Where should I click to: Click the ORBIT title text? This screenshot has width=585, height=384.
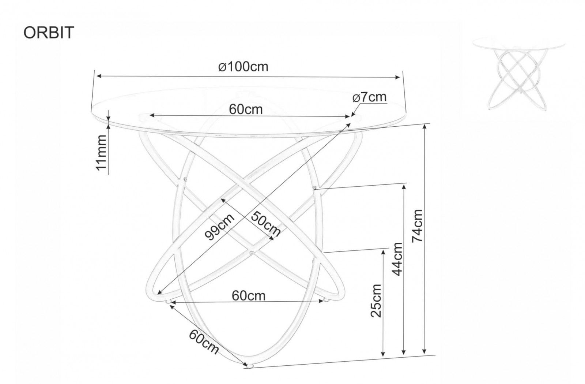click(49, 33)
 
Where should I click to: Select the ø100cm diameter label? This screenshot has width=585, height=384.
click(243, 67)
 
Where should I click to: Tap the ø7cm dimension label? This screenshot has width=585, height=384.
click(369, 97)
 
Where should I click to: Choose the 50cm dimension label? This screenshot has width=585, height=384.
click(266, 224)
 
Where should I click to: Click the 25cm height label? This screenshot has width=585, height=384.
click(377, 301)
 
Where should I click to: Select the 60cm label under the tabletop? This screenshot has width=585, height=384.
click(246, 109)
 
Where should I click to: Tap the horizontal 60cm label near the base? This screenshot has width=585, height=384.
click(249, 295)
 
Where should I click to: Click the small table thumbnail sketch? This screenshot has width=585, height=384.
click(519, 73)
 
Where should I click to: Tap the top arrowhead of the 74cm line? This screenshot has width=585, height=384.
click(424, 127)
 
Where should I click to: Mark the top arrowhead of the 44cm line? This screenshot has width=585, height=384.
click(404, 187)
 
